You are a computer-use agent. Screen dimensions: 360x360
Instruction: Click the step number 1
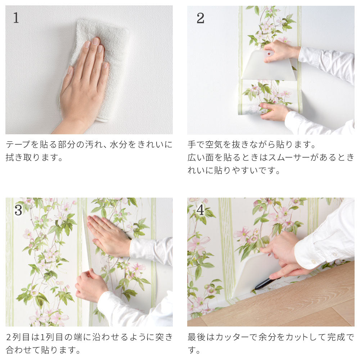16,18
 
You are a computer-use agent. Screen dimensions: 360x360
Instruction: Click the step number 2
200,18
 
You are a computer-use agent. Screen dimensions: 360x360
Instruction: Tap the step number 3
18,210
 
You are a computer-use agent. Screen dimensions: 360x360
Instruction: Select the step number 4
201,210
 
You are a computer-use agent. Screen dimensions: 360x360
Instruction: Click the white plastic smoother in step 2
269,67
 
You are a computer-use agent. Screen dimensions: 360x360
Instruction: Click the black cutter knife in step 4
266,284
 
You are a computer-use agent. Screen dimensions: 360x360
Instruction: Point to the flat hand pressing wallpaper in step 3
108,235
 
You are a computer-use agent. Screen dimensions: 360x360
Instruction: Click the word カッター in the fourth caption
232,337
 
